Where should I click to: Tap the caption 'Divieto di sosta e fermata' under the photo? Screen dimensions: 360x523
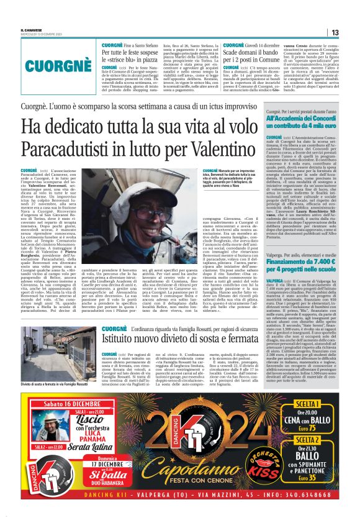pyautogui.click(x=49, y=385)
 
